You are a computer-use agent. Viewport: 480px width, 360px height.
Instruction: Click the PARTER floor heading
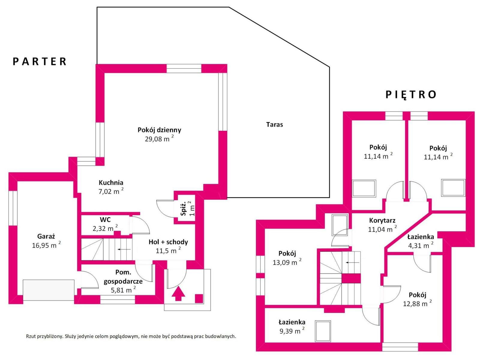[39, 61]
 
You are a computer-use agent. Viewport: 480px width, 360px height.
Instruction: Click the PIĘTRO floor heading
[411, 94]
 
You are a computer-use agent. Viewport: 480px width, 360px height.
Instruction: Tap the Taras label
[274, 124]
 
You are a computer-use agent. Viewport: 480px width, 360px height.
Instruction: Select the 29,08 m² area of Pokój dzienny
[159, 139]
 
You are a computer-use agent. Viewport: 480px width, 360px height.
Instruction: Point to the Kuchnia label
[111, 182]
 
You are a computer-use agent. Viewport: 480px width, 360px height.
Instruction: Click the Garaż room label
[46, 236]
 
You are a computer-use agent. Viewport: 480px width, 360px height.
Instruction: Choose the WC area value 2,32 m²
[105, 228]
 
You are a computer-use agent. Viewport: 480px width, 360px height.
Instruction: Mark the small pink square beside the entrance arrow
[199, 298]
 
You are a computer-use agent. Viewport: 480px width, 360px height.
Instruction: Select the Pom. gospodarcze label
[123, 277]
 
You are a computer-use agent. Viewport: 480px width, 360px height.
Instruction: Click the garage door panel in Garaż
[49, 290]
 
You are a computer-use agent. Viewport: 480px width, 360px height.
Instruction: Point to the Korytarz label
[382, 220]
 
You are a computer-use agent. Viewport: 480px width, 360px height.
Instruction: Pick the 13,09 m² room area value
[287, 262]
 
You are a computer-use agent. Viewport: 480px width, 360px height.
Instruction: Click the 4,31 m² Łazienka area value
[421, 245]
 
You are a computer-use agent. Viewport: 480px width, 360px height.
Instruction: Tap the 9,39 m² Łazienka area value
[292, 331]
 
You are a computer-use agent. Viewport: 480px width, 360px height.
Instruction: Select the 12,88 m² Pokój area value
[417, 303]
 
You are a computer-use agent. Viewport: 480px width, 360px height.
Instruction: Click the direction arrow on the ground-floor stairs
[124, 249]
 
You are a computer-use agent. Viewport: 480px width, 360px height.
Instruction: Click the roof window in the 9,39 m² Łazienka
[323, 331]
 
